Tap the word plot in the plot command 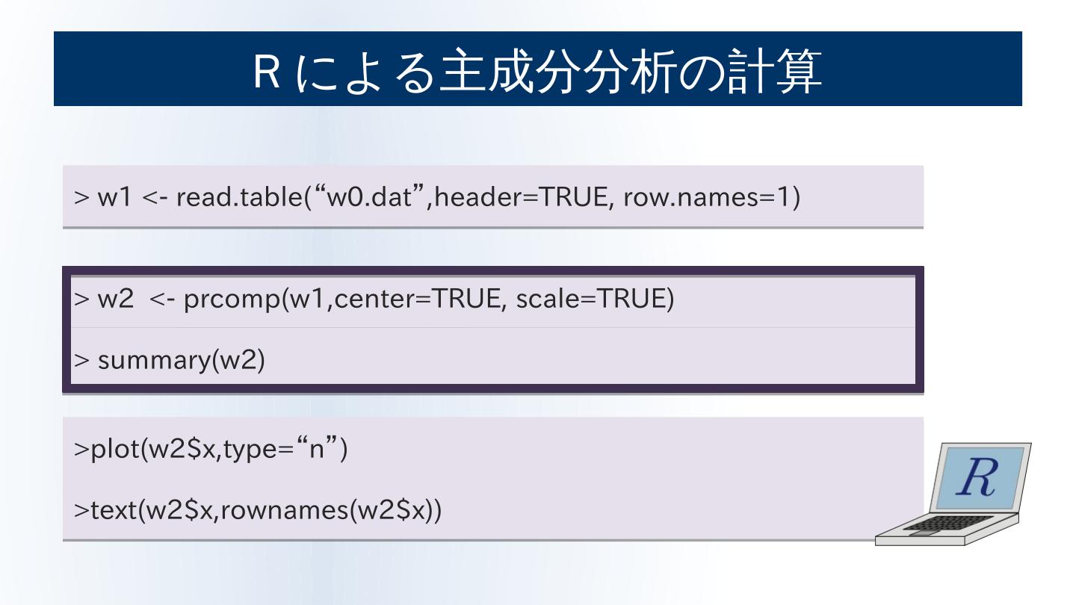pyautogui.click(x=110, y=453)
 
